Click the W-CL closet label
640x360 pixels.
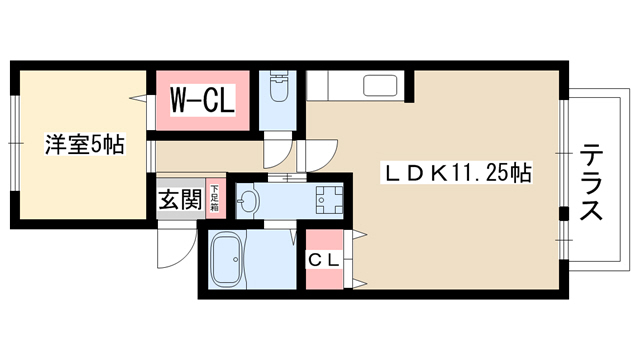pyautogui.click(x=202, y=99)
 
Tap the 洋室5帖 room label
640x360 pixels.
pyautogui.click(x=84, y=144)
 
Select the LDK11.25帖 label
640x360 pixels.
pyautogui.click(x=456, y=173)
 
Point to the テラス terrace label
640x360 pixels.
pyautogui.click(x=591, y=182)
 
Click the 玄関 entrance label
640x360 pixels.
pyautogui.click(x=180, y=200)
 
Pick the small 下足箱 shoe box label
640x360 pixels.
pyautogui.click(x=215, y=198)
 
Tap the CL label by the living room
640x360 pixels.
pyautogui.click(x=324, y=260)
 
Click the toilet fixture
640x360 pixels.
pyautogui.click(x=280, y=87)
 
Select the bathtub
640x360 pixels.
pyautogui.click(x=227, y=259)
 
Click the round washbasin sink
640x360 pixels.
pyautogui.click(x=247, y=200)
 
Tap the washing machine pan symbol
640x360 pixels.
pyautogui.click(x=329, y=200)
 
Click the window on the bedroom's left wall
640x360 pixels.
pyautogui.click(x=15, y=143)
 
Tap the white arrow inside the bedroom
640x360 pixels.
pyautogui.click(x=138, y=98)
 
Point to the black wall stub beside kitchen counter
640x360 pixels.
pyautogui.click(x=409, y=87)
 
